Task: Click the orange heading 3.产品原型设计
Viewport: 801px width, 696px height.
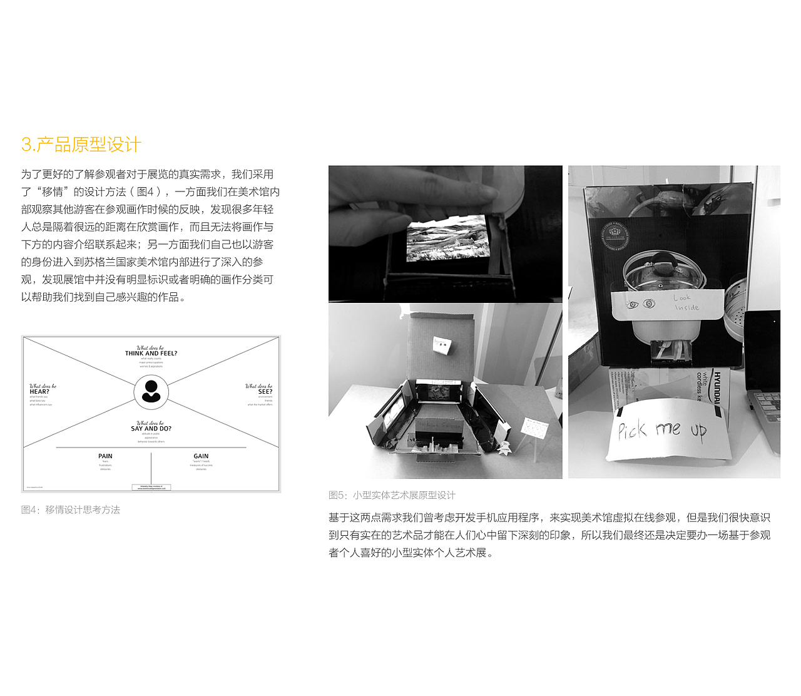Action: (x=81, y=145)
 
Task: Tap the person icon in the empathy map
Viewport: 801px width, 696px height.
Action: (x=151, y=391)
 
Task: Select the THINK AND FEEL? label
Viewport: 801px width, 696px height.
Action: (x=151, y=353)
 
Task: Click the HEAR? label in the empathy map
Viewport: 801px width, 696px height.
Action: (x=39, y=391)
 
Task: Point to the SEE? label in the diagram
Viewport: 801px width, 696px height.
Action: (x=265, y=391)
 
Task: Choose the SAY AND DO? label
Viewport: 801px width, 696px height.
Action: (x=151, y=428)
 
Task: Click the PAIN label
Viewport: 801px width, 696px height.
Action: (x=105, y=456)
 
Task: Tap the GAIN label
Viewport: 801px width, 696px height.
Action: (x=201, y=456)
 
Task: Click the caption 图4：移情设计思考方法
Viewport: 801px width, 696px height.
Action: (x=71, y=509)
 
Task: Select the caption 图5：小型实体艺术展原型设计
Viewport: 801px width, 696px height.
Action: (x=392, y=495)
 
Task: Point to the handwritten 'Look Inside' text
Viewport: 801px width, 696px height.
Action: (x=686, y=302)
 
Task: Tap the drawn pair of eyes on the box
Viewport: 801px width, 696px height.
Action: (x=640, y=304)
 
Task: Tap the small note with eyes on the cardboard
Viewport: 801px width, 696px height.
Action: (x=442, y=344)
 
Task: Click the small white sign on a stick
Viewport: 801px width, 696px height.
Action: (x=534, y=429)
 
